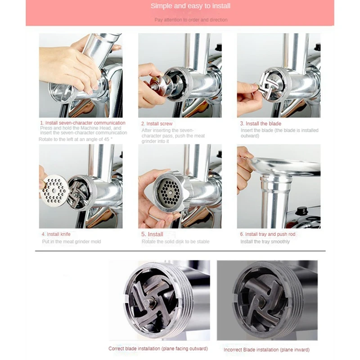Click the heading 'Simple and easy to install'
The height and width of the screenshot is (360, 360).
pyautogui.click(x=190, y=6)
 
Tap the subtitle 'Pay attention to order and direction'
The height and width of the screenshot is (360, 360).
pyautogui.click(x=191, y=20)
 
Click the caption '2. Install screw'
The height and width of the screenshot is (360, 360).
pyautogui.click(x=157, y=124)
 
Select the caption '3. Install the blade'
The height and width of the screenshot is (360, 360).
pyautogui.click(x=261, y=124)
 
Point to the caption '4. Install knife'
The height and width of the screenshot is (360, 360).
pyautogui.click(x=56, y=234)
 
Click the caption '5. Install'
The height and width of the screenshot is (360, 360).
pyautogui.click(x=152, y=234)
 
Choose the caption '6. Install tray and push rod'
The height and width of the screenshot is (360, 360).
pyautogui.click(x=268, y=234)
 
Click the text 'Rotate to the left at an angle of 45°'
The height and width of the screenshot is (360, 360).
pyautogui.click(x=76, y=139)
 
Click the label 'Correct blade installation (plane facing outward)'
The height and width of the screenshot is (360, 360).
pyautogui.click(x=158, y=348)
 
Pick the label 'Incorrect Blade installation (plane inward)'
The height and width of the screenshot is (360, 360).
pyautogui.click(x=266, y=350)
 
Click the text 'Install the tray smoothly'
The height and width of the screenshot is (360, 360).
pyautogui.click(x=265, y=242)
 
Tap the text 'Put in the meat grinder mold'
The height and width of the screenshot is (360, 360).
pyautogui.click(x=72, y=242)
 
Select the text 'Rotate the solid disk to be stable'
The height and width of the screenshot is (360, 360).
pyautogui.click(x=175, y=242)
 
